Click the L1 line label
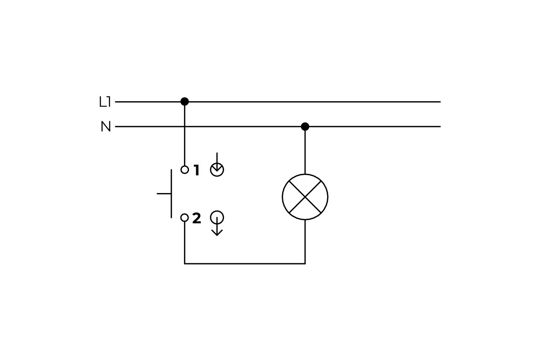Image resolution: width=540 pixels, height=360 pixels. [x=104, y=102]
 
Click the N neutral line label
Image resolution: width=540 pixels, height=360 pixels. [x=106, y=127]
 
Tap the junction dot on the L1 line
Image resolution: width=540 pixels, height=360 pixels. [x=184, y=102]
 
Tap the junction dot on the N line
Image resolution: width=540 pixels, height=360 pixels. [x=305, y=126]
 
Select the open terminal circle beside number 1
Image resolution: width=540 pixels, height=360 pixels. [x=184, y=170]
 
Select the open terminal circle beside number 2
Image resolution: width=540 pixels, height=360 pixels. [x=184, y=218]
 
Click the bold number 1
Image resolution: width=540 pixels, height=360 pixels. [x=196, y=171]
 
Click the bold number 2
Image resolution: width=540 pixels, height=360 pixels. [x=197, y=219]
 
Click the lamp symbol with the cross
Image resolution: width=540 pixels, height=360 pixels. [x=305, y=197]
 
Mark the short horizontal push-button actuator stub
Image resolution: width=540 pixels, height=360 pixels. [x=164, y=193]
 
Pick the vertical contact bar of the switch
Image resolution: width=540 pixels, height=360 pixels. [x=171, y=193]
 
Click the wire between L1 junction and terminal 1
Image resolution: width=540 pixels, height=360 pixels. [x=184, y=135]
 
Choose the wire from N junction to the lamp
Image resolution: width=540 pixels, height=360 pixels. [x=305, y=151]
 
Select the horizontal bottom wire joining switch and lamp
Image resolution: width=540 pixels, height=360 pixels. [x=245, y=264]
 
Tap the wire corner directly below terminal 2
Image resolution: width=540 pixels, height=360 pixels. [x=184, y=264]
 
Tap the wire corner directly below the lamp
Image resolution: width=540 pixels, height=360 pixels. [x=305, y=264]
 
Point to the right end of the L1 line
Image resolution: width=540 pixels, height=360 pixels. [x=439, y=102]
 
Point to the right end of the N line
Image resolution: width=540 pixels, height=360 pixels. [x=439, y=126]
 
